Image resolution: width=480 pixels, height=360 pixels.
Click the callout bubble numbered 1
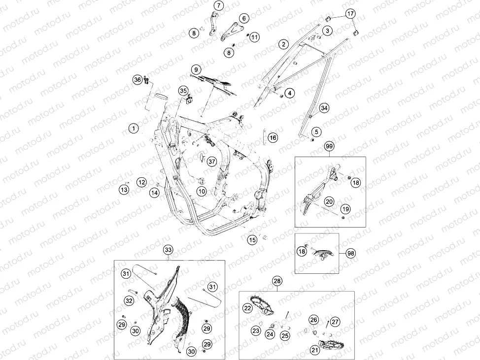134,128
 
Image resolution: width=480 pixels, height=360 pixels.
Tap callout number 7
219,5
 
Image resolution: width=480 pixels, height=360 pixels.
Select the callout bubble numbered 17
350,13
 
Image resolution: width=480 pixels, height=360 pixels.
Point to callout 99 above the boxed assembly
329,146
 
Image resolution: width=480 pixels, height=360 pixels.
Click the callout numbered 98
351,253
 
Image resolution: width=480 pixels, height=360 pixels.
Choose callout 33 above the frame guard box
168,250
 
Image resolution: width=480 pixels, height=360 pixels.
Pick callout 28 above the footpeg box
277,281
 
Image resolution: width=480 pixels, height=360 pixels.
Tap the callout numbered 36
137,80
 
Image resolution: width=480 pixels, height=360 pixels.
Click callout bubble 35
183,91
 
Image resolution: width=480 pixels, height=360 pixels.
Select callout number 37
211,161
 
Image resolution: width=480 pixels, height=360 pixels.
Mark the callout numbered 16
273,138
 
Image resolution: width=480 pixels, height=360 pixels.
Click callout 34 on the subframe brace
324,108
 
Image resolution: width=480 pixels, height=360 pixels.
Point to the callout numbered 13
124,190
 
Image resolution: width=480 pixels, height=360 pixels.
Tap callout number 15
252,240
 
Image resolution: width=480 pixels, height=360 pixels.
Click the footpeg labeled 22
262,305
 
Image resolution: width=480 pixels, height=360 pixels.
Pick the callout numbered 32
129,301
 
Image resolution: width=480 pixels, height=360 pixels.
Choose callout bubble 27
335,322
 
